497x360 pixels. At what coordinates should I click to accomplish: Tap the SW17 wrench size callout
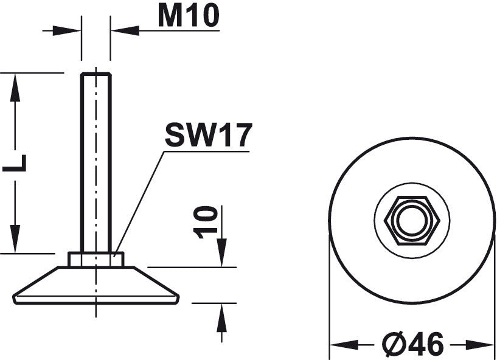click(208, 136)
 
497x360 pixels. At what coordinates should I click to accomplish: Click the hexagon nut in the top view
click(412, 220)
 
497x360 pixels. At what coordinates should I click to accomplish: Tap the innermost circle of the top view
click(412, 220)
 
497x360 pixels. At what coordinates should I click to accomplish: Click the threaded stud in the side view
click(96, 158)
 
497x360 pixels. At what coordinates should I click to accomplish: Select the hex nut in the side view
click(96, 260)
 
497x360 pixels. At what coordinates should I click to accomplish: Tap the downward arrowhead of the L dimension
click(15, 239)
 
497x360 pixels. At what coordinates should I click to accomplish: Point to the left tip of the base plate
click(15, 298)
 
